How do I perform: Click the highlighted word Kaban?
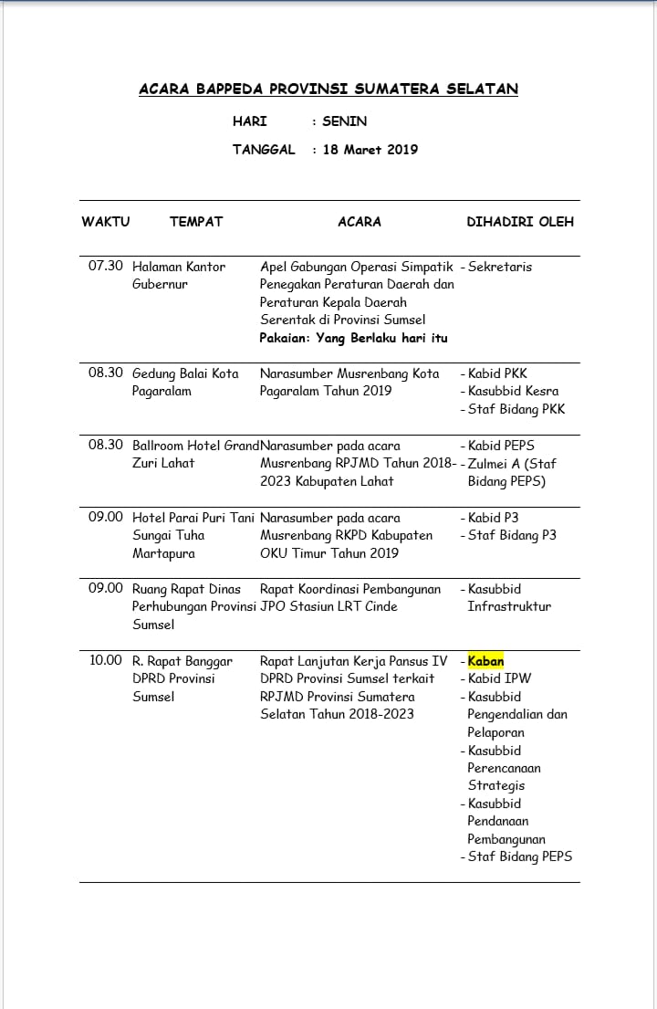click(485, 661)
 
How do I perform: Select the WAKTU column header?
click(106, 221)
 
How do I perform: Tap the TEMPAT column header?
click(196, 221)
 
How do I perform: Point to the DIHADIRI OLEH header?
click(520, 221)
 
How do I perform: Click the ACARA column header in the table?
click(360, 221)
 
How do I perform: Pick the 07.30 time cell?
click(106, 267)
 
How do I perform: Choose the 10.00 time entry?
click(106, 661)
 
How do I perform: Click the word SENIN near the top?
click(345, 121)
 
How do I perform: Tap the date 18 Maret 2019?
click(370, 149)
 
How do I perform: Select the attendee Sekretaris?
click(500, 267)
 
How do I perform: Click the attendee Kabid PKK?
click(497, 373)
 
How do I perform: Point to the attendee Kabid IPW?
click(499, 678)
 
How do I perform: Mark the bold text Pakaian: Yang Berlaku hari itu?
click(354, 338)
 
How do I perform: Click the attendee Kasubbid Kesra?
click(513, 391)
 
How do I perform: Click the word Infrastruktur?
click(509, 606)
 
